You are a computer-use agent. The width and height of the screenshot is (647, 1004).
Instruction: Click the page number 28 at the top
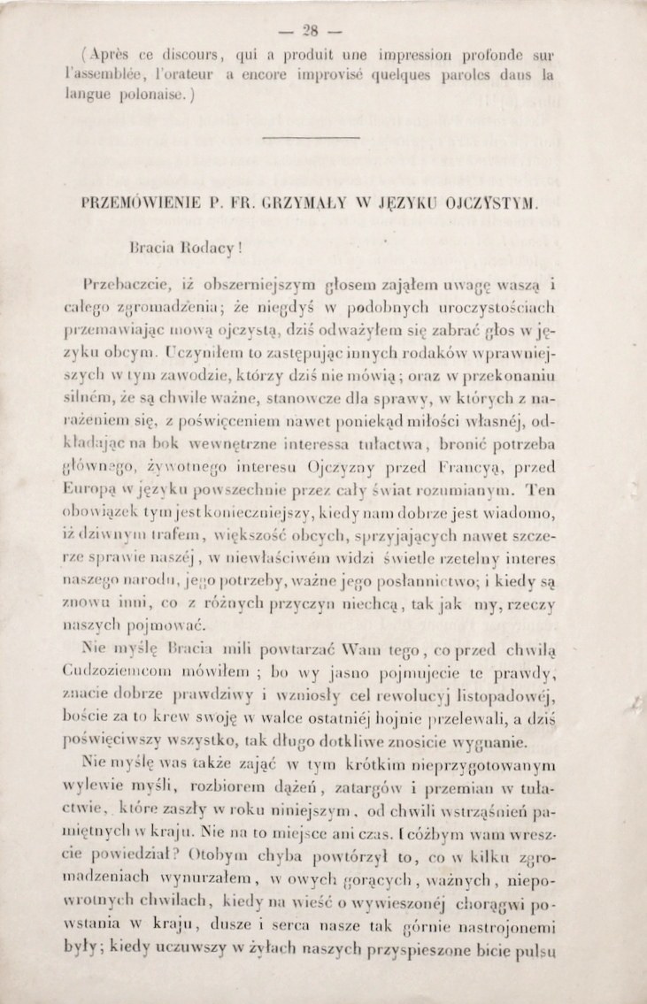click(x=323, y=25)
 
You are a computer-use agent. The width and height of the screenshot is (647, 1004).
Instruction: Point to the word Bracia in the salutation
click(x=151, y=242)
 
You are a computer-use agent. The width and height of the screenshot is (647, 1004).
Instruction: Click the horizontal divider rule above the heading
click(x=323, y=138)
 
